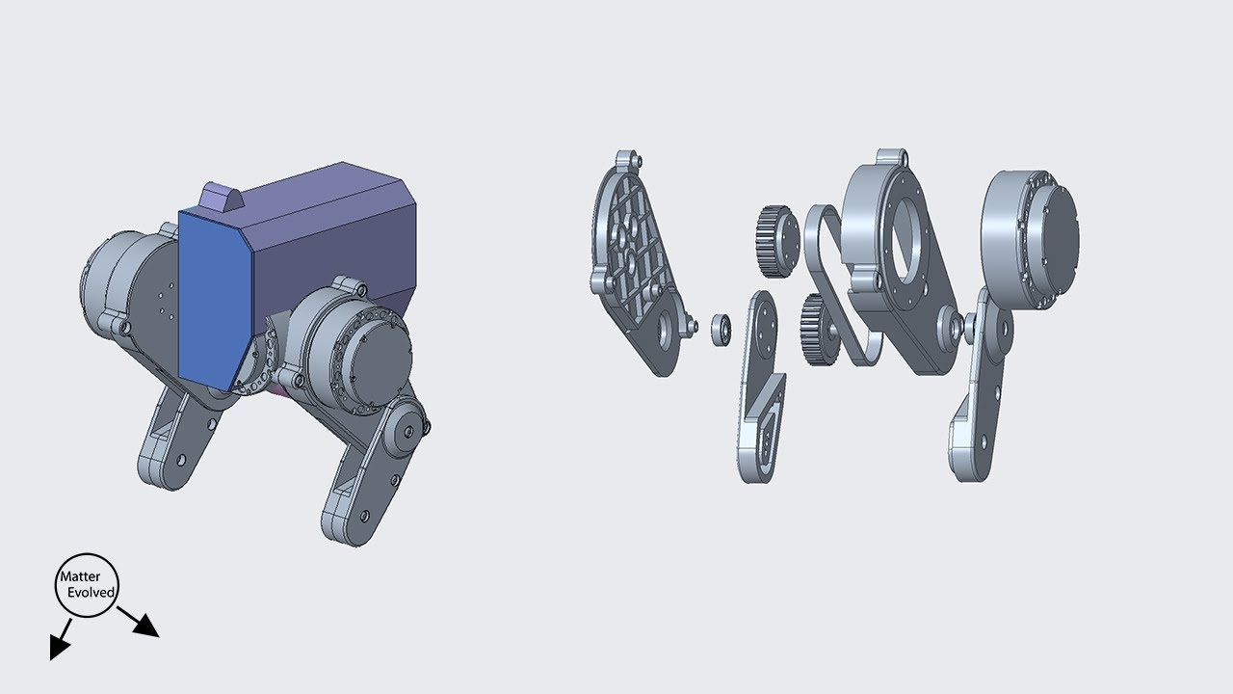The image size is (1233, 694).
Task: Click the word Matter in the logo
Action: point(80,577)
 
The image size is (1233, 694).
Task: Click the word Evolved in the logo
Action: point(92,592)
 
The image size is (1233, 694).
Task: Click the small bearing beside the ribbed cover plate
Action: point(720,329)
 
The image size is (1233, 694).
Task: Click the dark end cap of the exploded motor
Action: point(1055,231)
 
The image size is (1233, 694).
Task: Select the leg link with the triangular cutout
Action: point(761,405)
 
